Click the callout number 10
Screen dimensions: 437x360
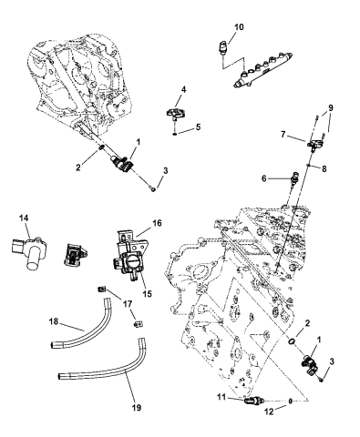[x=239, y=27]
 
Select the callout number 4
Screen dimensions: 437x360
[x=183, y=89]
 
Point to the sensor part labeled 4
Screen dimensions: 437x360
[x=172, y=114]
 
